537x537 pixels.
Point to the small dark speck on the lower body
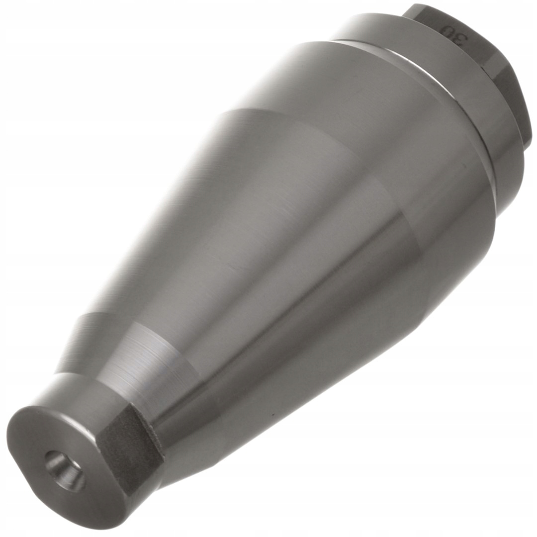click(x=272, y=414)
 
